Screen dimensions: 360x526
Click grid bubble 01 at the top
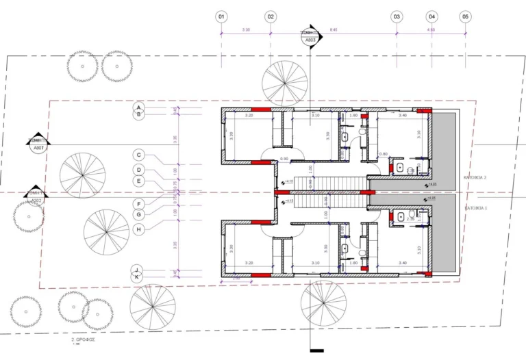221,16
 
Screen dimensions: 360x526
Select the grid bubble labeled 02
271,16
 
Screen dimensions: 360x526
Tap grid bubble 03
396,16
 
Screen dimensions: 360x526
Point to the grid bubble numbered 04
431,16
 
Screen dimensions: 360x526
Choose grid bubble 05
466,16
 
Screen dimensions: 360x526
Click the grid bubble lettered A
138,108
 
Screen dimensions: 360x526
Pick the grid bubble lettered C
138,155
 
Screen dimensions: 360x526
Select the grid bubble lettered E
138,181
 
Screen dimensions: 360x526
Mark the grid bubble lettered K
138,277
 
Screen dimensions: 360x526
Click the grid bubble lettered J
138,270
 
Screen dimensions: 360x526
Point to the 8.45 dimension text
333,30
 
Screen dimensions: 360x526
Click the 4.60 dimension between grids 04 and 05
431,30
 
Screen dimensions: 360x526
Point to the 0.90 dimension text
284,159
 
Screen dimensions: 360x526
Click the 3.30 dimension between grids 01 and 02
246,30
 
